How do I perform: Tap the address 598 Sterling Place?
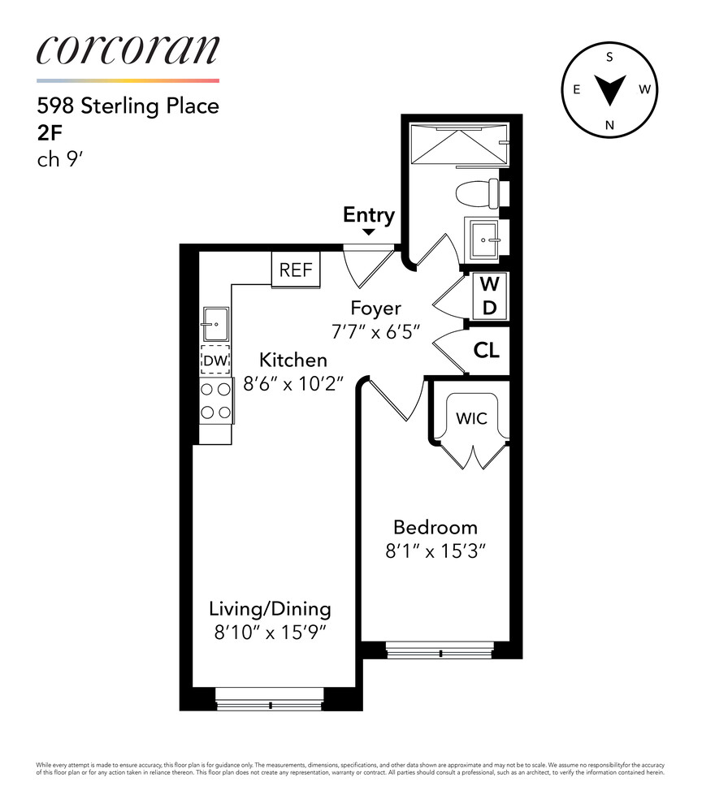pos(128,106)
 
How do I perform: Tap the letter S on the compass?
pos(609,57)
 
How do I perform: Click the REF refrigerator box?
pos(296,270)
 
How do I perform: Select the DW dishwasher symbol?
pos(215,360)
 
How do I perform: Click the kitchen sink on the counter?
pos(215,325)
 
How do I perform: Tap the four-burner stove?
pos(215,401)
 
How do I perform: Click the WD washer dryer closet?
pos(489,296)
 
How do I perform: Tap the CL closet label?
pos(487,351)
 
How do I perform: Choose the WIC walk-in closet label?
pos(471,418)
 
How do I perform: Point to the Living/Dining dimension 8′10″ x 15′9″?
pos(270,633)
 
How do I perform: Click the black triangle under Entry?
pos(368,232)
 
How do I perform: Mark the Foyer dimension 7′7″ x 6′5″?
pos(375,331)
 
